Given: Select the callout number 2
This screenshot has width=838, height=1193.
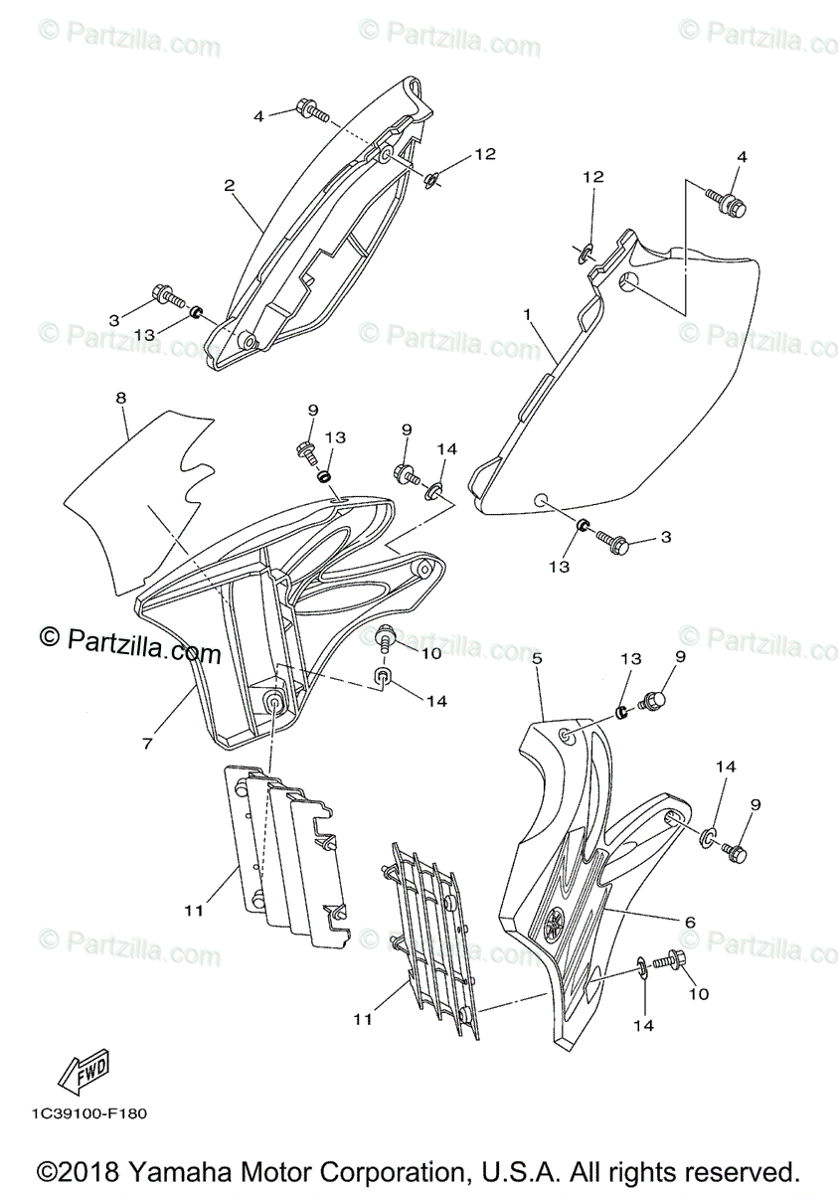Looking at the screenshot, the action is tap(229, 186).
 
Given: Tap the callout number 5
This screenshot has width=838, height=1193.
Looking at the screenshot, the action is tap(537, 658).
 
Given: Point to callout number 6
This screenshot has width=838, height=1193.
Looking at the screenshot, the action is tap(689, 922).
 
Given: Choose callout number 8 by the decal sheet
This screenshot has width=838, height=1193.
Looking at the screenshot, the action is tap(120, 399).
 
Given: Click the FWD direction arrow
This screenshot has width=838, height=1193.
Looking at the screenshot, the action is tap(84, 1070).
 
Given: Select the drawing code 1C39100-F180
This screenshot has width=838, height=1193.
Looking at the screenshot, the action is tap(88, 1113).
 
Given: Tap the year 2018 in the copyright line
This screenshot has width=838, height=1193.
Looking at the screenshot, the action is tap(99, 1169).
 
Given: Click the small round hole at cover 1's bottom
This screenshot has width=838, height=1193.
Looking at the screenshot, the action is tap(540, 500).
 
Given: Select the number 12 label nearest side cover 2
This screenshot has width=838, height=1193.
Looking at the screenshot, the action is tap(484, 154).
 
